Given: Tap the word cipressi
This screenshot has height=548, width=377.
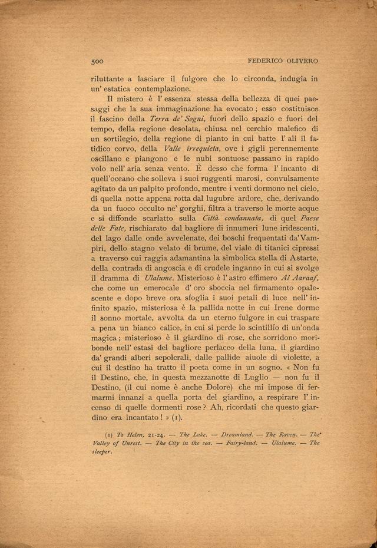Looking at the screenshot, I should point(300,242).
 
